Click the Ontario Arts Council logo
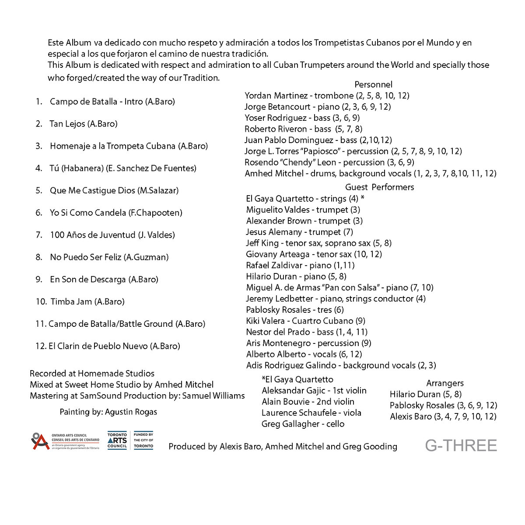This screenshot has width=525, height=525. click(x=65, y=441)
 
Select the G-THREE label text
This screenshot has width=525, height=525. click(x=461, y=446)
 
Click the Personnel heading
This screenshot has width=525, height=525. click(x=373, y=84)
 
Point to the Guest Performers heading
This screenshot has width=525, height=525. click(x=379, y=187)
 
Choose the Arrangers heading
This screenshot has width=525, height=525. click(x=445, y=383)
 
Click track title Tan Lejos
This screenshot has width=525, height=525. click(x=68, y=124)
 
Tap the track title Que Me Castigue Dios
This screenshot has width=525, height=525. click(x=92, y=191)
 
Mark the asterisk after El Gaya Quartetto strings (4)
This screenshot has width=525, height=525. click(x=363, y=198)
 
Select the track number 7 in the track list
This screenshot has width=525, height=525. click(x=38, y=235)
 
